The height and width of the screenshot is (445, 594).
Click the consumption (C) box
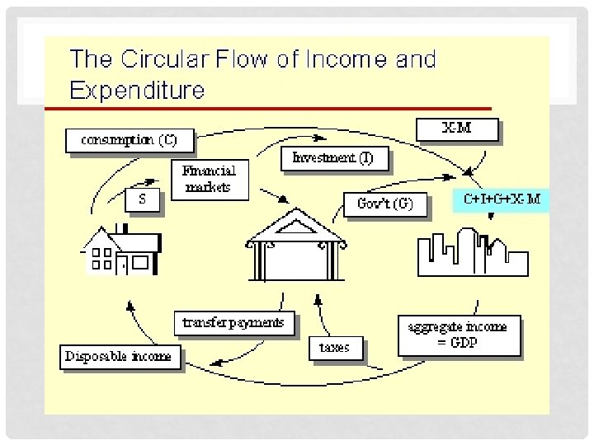(x=129, y=139)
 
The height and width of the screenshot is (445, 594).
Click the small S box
(x=142, y=199)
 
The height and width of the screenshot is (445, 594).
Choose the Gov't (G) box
(x=384, y=204)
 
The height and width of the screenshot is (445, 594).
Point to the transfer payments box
(x=233, y=322)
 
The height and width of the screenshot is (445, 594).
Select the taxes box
(x=334, y=347)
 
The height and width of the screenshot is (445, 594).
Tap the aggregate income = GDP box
(x=458, y=335)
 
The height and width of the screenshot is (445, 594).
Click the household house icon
(x=119, y=250)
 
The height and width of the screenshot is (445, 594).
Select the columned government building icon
(x=298, y=243)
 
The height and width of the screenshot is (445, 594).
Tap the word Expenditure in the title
(x=137, y=89)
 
